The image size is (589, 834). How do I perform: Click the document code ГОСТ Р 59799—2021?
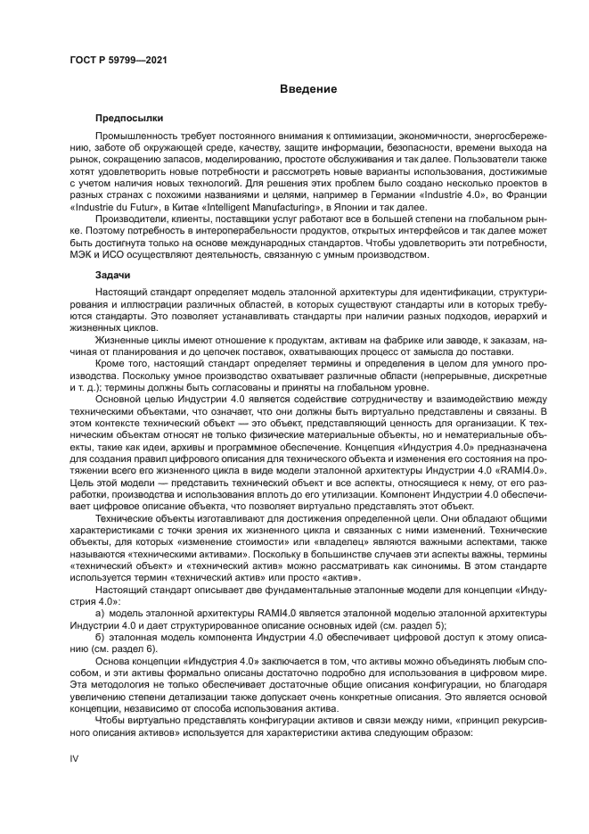(x=119, y=60)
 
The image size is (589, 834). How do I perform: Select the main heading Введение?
(x=307, y=89)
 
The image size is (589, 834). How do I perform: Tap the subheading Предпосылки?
(x=128, y=118)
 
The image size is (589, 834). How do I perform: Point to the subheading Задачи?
(x=113, y=277)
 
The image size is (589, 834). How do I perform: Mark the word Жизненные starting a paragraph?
(x=124, y=343)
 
